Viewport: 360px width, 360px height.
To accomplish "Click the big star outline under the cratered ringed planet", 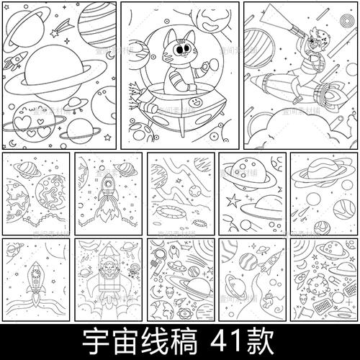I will (x=233, y=199).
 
